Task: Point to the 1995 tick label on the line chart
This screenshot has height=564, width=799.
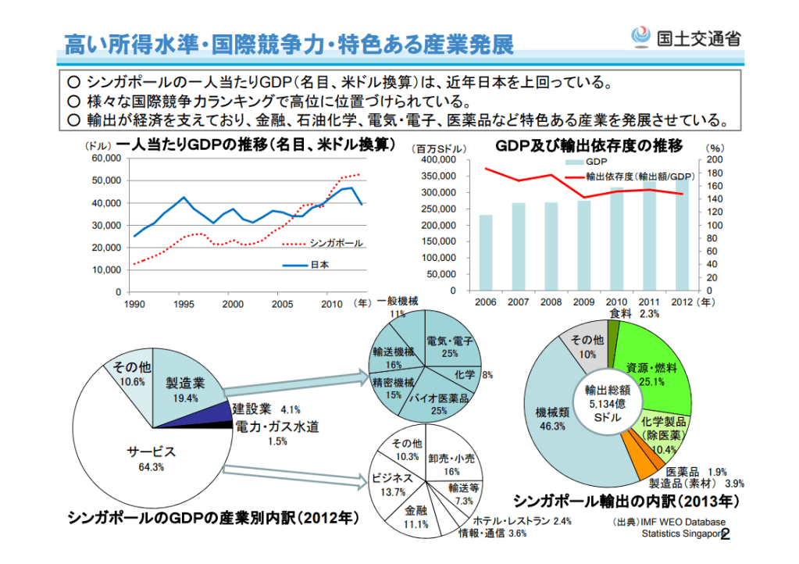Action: pyautogui.click(x=184, y=303)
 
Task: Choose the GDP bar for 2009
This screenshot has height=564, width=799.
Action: pyautogui.click(x=584, y=245)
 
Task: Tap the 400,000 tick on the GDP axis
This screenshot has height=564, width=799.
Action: pyautogui.click(x=438, y=159)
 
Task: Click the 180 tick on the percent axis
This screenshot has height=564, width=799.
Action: pyautogui.click(x=716, y=173)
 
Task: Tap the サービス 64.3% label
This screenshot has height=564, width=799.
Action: pyautogui.click(x=152, y=458)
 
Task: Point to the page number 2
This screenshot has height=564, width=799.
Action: pyautogui.click(x=724, y=534)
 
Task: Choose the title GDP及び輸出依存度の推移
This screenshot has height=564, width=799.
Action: pyautogui.click(x=589, y=145)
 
